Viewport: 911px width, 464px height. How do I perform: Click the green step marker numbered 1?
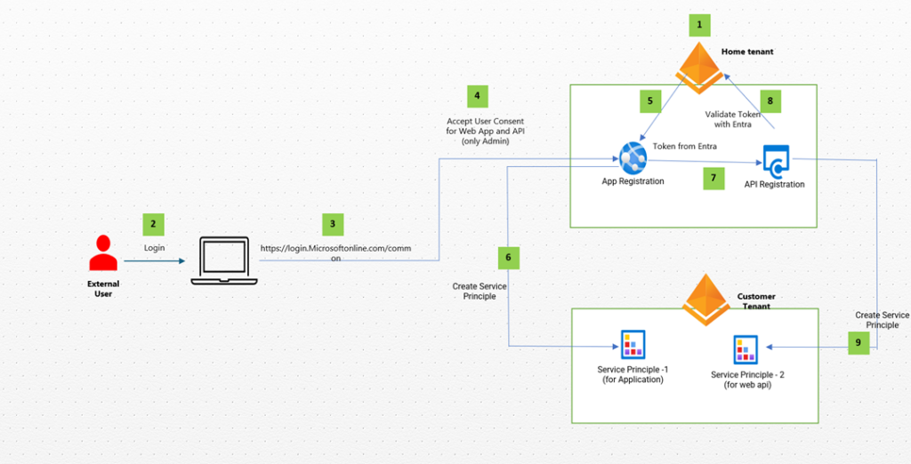click(x=698, y=24)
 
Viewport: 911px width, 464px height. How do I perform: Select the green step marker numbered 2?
click(x=154, y=224)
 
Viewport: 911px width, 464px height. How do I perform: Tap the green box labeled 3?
click(x=332, y=224)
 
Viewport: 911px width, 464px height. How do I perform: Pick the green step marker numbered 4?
click(x=477, y=96)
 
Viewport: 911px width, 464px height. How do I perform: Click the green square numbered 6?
click(x=508, y=258)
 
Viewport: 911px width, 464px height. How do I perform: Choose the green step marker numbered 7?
click(x=713, y=178)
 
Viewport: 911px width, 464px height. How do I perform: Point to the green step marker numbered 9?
click(x=859, y=343)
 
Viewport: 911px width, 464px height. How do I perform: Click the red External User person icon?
click(x=103, y=253)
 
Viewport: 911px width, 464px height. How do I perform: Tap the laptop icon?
click(x=224, y=261)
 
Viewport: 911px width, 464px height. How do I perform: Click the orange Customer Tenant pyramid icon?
click(x=705, y=299)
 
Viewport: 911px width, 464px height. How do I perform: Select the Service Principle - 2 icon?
click(x=746, y=351)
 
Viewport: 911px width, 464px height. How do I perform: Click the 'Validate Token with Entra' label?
click(x=734, y=119)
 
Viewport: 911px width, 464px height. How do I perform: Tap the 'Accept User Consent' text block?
click(x=485, y=131)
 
